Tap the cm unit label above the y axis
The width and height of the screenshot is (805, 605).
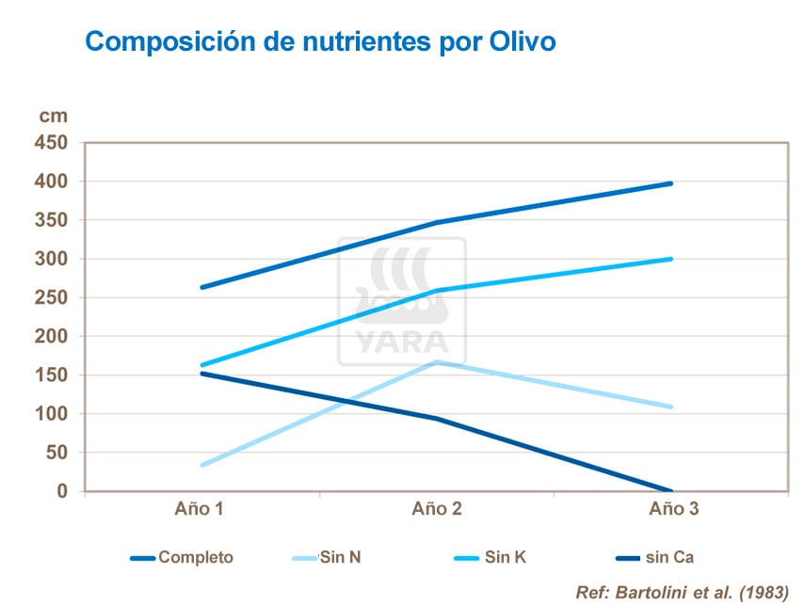pos(53,116)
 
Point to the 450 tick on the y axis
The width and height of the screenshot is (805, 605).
pos(53,142)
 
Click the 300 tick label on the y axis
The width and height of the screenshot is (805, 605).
pos(53,259)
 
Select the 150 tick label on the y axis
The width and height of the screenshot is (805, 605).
pos(53,374)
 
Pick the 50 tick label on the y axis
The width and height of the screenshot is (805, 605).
pos(58,453)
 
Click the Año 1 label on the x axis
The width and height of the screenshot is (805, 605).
pos(200,510)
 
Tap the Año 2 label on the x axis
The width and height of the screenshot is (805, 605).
pos(437,510)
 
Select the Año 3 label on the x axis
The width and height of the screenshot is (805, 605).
pos(674,510)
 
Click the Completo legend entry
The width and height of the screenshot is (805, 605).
pos(195,558)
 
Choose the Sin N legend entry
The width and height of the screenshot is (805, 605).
pos(340,558)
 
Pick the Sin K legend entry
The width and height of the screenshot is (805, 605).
pos(506,558)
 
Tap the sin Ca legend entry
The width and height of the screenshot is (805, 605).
pos(669,558)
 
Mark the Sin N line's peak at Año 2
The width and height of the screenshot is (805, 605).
pos(438,361)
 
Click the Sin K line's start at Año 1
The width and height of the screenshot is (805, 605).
pos(201,365)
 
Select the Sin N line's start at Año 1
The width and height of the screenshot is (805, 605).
pos(201,465)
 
